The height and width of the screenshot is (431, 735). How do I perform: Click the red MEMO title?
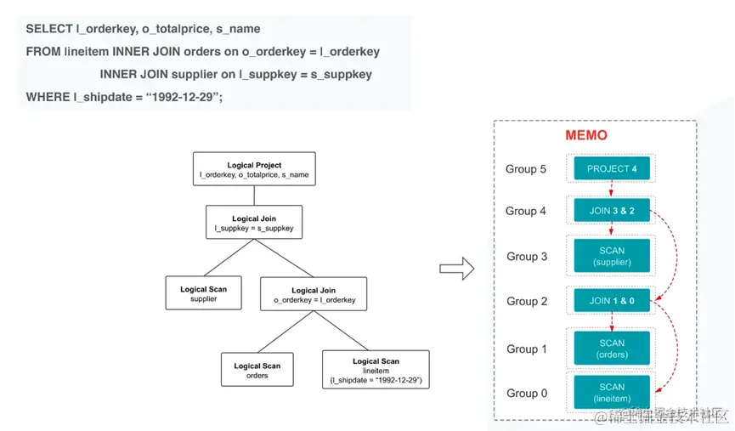click(x=586, y=136)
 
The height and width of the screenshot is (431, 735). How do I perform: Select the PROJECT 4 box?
click(x=612, y=168)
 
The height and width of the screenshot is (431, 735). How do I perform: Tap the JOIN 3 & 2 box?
click(x=612, y=211)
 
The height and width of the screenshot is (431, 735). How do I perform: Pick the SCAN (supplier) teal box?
click(x=612, y=256)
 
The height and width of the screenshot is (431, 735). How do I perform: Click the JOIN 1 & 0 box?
click(x=612, y=300)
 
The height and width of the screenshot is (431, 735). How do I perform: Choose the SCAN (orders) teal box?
click(x=612, y=349)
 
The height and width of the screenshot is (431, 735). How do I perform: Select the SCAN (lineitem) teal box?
click(x=612, y=393)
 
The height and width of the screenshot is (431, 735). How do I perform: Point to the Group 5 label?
click(x=526, y=169)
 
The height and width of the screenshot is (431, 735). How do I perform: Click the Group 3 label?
click(x=527, y=257)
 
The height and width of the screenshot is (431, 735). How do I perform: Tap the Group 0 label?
click(x=527, y=394)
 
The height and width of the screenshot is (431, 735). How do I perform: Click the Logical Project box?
click(x=254, y=170)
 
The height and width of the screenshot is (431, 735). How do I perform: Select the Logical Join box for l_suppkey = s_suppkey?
click(x=255, y=224)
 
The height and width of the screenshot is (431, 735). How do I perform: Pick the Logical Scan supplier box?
click(x=203, y=294)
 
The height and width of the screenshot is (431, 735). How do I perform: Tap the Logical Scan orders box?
click(x=257, y=371)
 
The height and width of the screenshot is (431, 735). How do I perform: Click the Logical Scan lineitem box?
click(x=376, y=371)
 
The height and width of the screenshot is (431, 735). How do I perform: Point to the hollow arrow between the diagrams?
click(x=455, y=269)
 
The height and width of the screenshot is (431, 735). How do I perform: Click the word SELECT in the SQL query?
click(x=49, y=29)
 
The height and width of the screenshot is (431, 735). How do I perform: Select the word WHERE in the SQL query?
click(x=48, y=97)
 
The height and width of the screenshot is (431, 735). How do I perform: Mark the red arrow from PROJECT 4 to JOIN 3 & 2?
click(x=612, y=190)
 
